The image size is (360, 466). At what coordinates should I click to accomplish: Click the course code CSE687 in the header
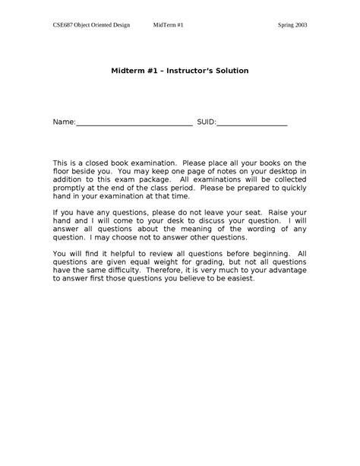click(x=64, y=25)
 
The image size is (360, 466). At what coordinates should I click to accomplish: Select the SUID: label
click(x=207, y=121)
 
